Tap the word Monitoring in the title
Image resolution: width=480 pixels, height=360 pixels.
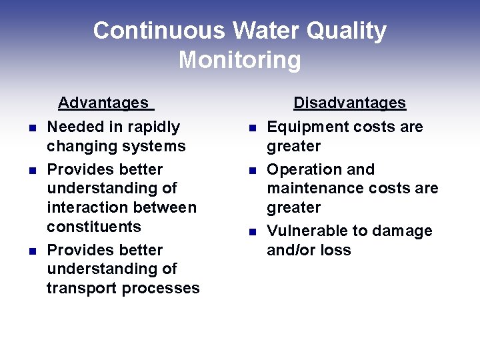(240, 60)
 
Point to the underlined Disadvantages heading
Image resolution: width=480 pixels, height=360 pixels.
(350, 103)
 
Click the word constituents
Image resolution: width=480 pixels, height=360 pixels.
(94, 227)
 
